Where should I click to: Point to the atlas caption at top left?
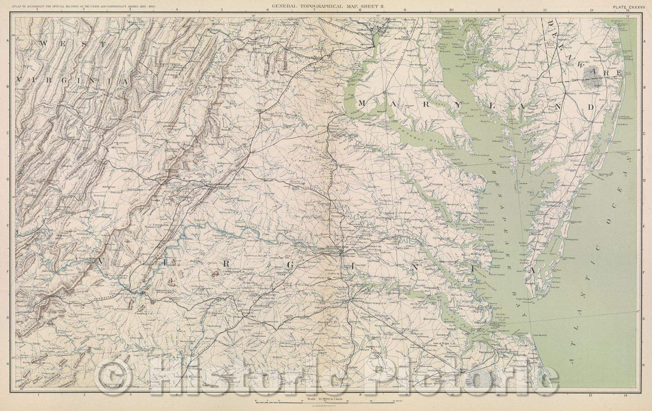coord(78,8)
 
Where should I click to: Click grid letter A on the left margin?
coord(7,40)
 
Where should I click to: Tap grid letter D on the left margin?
coord(7,179)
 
